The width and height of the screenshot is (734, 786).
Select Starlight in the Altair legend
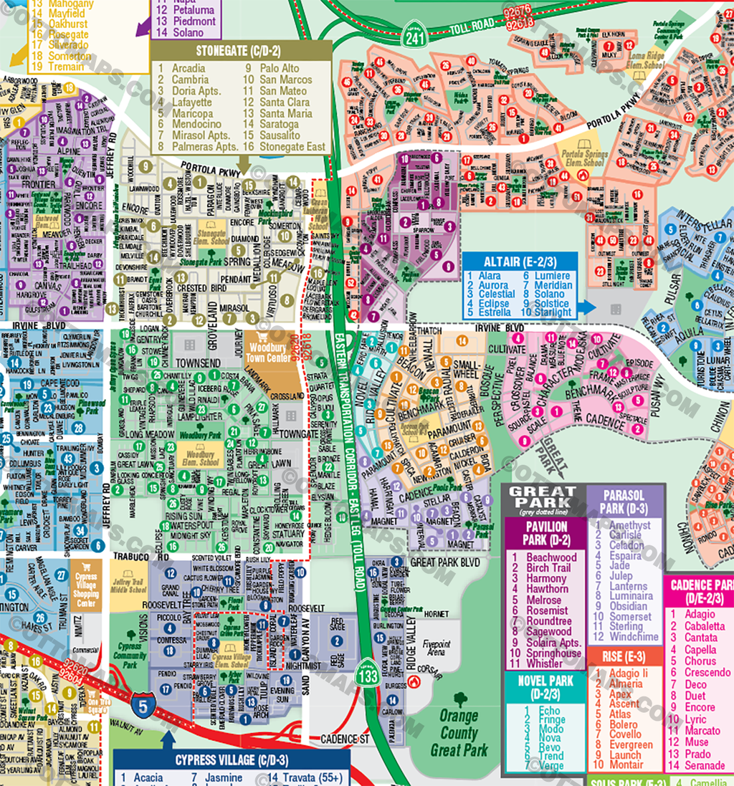pos(553,312)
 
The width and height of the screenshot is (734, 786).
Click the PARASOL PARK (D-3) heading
pos(624,502)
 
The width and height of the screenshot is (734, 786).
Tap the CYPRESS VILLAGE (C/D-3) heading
pos(232,760)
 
